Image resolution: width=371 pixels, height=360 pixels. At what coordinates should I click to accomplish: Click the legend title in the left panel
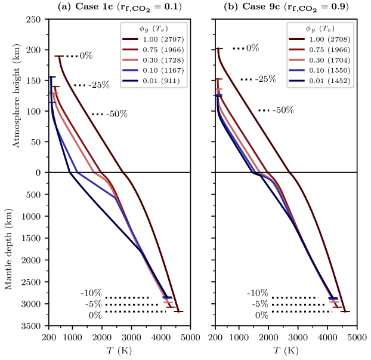coord(154,29)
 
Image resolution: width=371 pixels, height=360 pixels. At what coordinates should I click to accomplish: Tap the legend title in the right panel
coord(320,29)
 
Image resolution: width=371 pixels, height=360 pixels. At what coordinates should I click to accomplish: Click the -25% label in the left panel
coord(99,85)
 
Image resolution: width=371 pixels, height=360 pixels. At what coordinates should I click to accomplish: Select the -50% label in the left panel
coord(117,114)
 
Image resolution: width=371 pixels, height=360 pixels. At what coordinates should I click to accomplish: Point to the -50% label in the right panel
coord(283,110)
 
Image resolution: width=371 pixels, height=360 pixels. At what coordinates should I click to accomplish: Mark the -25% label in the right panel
coord(265,79)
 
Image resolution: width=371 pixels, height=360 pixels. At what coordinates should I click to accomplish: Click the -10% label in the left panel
coord(91,293)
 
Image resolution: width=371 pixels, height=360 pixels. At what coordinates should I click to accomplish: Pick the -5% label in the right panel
coord(259,304)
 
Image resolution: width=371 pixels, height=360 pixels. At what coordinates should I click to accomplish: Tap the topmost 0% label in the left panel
coord(86,56)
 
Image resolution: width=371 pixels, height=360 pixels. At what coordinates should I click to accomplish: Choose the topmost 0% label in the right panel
coord(253,48)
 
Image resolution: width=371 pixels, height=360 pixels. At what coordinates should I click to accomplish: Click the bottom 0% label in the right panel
coord(262,315)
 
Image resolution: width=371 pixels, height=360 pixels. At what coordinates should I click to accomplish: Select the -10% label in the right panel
coord(258,293)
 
